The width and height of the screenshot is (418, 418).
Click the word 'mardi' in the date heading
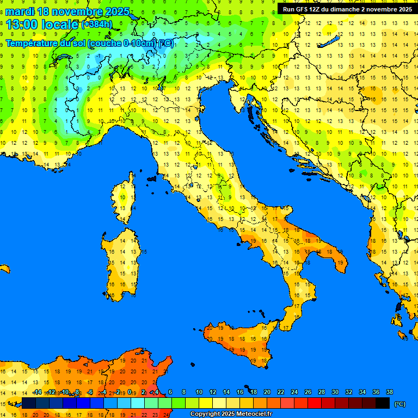click(x=20, y=11)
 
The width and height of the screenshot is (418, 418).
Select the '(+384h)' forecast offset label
click(x=97, y=24)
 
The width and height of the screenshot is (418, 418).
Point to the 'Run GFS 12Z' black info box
click(x=346, y=9)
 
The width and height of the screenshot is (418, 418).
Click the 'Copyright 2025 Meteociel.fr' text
click(x=231, y=414)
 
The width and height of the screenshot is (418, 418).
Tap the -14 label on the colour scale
click(x=37, y=392)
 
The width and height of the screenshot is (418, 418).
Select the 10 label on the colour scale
click(x=199, y=392)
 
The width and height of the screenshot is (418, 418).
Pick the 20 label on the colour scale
click(x=267, y=392)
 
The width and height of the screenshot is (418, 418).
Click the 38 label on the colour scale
click(x=389, y=392)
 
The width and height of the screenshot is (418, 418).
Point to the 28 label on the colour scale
click(x=321, y=392)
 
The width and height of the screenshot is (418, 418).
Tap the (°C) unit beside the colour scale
click(x=399, y=404)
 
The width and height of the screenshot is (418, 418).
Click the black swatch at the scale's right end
click(x=383, y=403)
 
